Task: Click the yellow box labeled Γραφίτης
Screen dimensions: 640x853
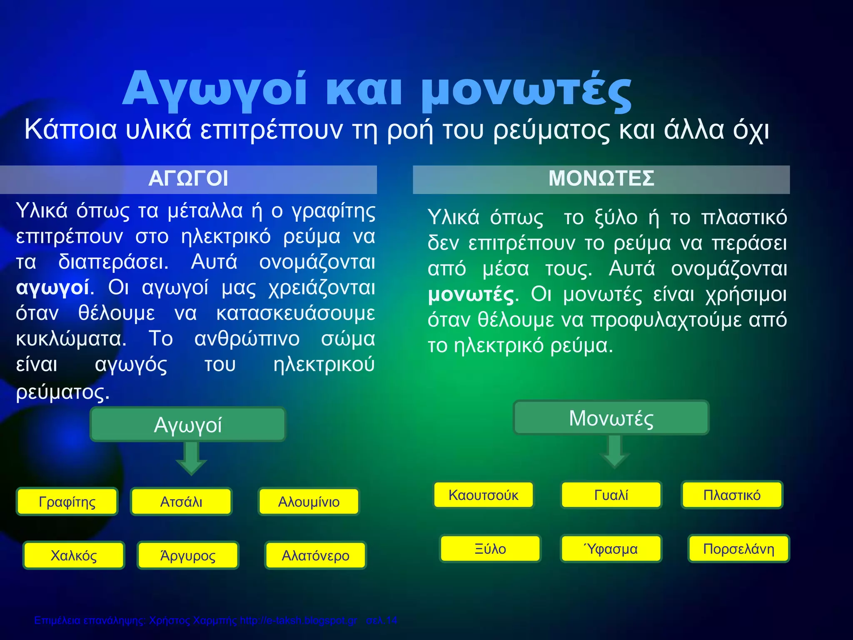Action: click(67, 502)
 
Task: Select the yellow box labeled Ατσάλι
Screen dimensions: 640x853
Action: click(181, 502)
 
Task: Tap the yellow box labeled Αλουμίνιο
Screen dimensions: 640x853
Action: click(309, 502)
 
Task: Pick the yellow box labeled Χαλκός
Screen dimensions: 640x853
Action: click(74, 555)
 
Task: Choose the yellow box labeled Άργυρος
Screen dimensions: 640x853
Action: click(188, 555)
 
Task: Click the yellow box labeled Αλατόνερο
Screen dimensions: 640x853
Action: click(315, 555)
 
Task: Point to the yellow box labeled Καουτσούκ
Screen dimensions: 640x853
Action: click(484, 495)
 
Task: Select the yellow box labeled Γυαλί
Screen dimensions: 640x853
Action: click(611, 495)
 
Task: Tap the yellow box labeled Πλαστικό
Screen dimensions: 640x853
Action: click(732, 495)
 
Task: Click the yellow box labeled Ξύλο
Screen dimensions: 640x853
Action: click(490, 549)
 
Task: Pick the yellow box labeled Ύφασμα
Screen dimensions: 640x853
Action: click(611, 549)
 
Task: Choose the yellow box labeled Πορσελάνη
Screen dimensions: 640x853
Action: click(738, 549)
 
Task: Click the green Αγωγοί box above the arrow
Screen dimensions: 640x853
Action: click(188, 425)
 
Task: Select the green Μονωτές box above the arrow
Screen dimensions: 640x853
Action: click(611, 418)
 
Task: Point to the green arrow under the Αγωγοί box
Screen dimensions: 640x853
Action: click(191, 458)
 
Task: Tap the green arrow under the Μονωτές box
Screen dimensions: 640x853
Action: click(615, 452)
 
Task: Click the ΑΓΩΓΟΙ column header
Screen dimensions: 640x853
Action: click(188, 179)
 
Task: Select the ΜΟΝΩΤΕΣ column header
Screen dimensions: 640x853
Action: click(601, 179)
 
